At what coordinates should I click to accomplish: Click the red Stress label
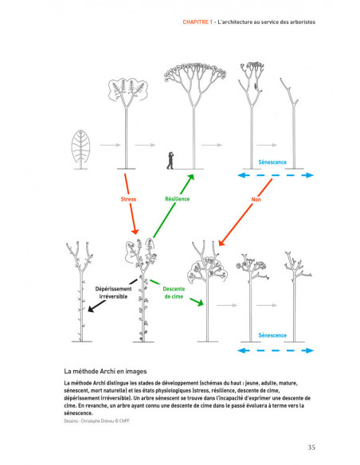click(127, 199)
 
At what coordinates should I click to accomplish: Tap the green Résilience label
click(177, 199)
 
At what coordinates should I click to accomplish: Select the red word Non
click(256, 199)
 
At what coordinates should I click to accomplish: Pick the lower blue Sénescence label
click(272, 335)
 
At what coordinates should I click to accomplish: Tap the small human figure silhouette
click(169, 160)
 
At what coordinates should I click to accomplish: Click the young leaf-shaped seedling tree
click(81, 147)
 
